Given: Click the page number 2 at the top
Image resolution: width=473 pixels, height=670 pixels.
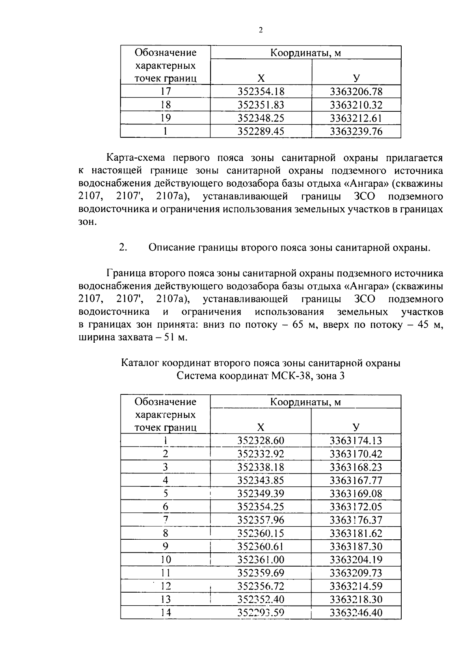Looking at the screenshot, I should [x=261, y=30].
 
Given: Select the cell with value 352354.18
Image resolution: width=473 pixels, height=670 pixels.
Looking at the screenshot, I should [x=261, y=92].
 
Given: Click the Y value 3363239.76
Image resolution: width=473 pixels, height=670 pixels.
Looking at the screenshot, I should [x=356, y=131].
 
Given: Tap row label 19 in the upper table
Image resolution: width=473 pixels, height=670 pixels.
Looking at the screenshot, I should [x=166, y=118].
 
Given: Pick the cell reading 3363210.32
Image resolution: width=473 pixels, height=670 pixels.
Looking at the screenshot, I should [x=356, y=105].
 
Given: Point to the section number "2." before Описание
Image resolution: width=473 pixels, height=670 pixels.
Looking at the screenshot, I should [x=123, y=248].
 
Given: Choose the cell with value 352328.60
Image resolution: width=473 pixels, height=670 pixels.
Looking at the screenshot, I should [x=261, y=441].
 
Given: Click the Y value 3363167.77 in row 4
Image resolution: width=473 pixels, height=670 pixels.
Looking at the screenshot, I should [x=356, y=480].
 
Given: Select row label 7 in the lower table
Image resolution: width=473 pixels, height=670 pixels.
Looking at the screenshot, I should [x=166, y=520].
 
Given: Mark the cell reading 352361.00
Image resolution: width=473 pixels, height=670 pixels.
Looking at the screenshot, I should [x=261, y=560].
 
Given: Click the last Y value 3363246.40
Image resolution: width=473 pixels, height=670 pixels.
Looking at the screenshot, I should [x=356, y=613].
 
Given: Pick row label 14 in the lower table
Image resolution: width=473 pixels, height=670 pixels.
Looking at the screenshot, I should [x=166, y=613].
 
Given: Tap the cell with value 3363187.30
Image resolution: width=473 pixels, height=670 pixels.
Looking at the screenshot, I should [x=356, y=546].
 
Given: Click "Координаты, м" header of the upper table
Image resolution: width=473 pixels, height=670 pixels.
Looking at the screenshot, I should [x=305, y=53].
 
